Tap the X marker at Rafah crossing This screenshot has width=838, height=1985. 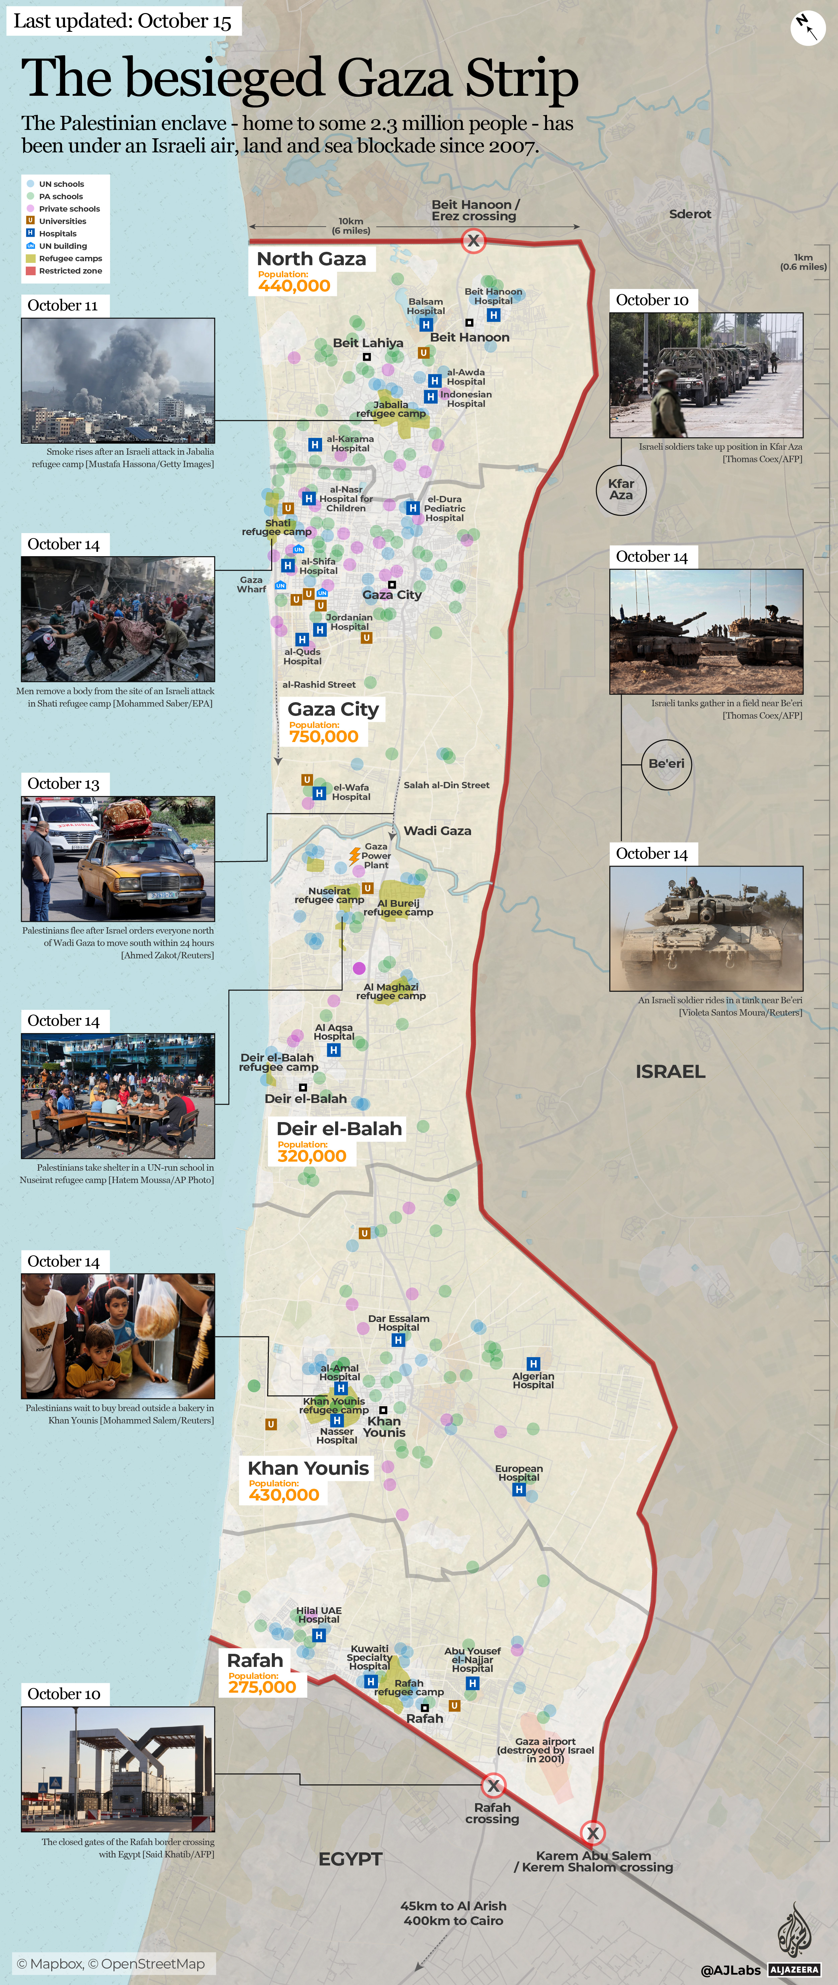tap(493, 1785)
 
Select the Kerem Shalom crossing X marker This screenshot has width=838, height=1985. tap(592, 1833)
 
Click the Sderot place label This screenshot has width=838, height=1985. tap(689, 214)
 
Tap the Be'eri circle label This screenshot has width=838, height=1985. tap(666, 764)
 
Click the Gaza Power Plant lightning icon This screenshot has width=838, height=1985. tap(354, 855)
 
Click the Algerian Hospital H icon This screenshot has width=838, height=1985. tap(533, 1364)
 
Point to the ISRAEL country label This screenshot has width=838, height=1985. tap(670, 1071)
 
